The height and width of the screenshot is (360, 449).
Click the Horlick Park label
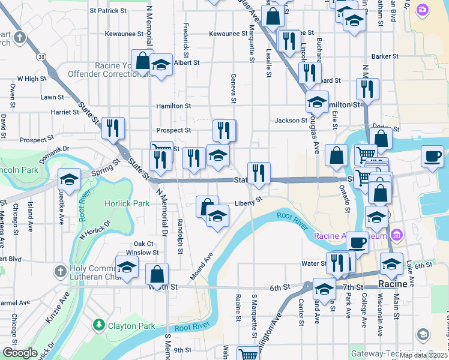tap(127, 203)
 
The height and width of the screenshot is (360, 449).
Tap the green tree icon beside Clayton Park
tap(99, 325)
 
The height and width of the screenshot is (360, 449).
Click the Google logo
tap(20, 353)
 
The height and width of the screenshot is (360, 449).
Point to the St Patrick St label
tap(108, 10)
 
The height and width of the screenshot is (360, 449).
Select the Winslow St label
tap(146, 253)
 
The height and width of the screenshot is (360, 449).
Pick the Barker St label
tap(385, 56)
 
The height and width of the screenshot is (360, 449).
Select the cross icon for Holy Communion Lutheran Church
tap(60, 272)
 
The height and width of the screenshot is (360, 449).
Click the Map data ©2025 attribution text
tap(423, 355)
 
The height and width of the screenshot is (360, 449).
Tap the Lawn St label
tap(52, 97)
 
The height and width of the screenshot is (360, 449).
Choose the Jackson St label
tap(291, 121)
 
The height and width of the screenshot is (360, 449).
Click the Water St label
tap(313, 263)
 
